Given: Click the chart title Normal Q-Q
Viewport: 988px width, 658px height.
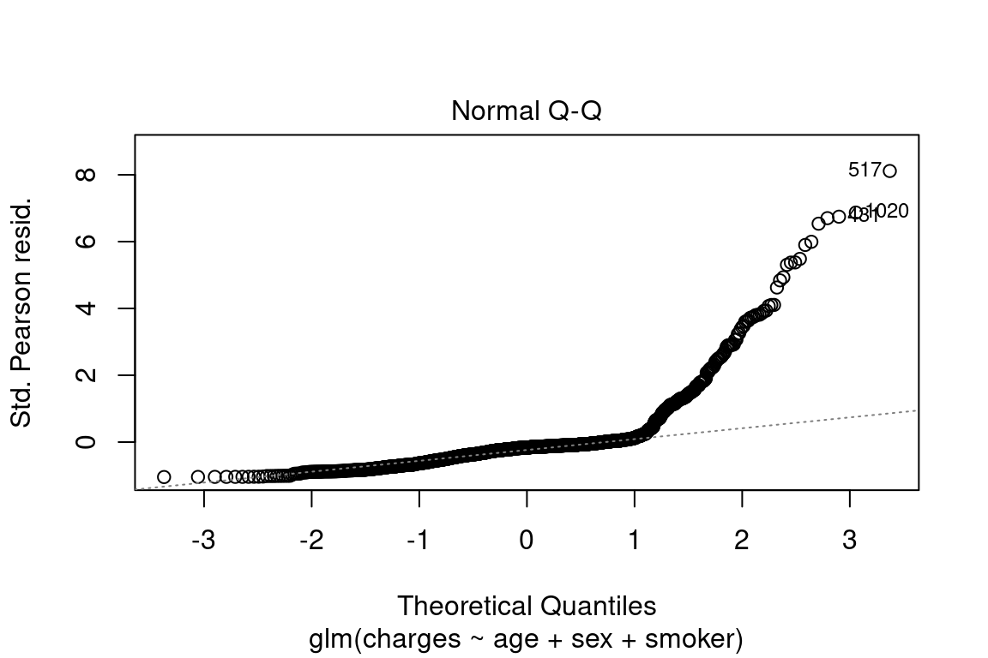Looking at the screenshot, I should [526, 111].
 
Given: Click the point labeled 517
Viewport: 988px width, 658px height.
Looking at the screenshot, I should [889, 171].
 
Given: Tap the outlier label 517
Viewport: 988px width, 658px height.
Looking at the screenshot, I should [864, 170].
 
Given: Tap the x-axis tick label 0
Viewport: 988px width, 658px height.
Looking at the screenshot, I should [527, 541].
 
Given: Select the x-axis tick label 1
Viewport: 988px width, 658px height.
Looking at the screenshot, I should [634, 541].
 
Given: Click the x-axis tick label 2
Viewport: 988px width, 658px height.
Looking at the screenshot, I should [742, 541].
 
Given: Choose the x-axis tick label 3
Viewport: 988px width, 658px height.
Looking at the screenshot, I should [849, 541].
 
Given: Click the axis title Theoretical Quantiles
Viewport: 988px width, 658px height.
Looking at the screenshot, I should [526, 606].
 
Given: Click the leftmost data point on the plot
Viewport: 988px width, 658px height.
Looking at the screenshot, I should [164, 476].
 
